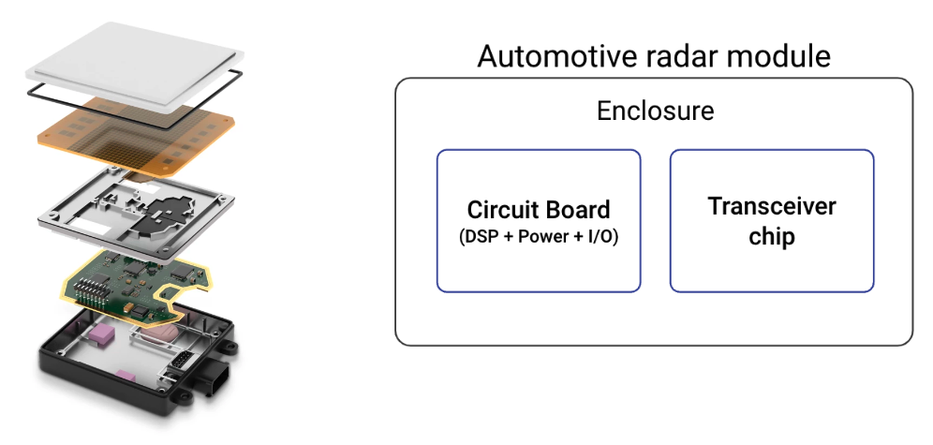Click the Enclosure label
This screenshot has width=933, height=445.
[655, 111]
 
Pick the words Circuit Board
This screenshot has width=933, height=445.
[539, 210]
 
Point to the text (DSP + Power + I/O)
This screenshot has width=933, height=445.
[539, 237]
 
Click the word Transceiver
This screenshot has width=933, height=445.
[772, 206]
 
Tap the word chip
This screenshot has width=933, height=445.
[772, 237]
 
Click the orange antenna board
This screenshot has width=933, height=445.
[136, 137]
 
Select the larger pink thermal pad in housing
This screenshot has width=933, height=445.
[101, 335]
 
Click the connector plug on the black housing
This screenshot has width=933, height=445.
[215, 378]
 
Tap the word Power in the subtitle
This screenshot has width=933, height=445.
[544, 237]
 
